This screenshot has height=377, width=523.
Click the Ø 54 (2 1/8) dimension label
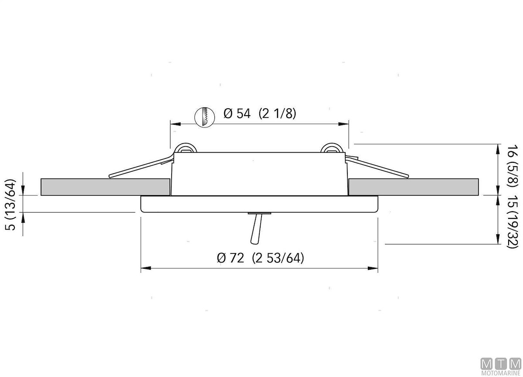click(x=260, y=113)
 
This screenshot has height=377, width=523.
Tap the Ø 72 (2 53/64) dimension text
click(x=260, y=258)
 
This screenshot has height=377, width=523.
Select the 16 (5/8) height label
click(x=513, y=165)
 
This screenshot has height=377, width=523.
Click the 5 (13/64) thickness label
click(x=10, y=205)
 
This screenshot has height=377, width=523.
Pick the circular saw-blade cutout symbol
click(x=204, y=117)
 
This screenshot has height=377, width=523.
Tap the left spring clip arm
click(x=141, y=167)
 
